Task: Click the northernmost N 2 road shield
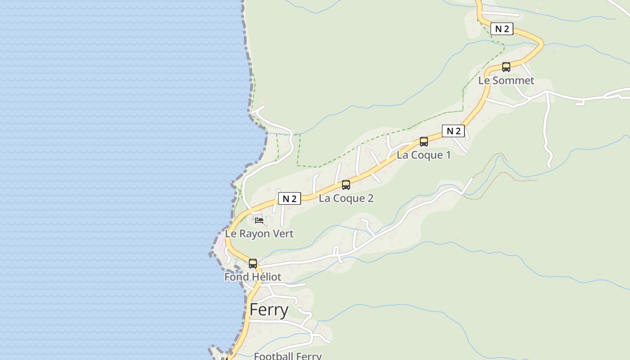click(502, 29)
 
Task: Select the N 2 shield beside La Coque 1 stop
click(453, 131)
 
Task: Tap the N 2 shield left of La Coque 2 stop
click(289, 198)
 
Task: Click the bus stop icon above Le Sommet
click(506, 67)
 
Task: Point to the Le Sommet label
click(506, 81)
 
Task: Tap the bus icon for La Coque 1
click(424, 142)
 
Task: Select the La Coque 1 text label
click(423, 155)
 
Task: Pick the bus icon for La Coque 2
click(346, 185)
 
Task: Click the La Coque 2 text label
click(346, 198)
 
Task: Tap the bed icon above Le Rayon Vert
click(259, 220)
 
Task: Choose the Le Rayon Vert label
click(259, 234)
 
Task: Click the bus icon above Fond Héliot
click(253, 264)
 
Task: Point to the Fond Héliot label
click(252, 277)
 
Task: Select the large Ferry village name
click(269, 310)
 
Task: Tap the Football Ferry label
click(288, 356)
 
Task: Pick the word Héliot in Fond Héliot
click(265, 277)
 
